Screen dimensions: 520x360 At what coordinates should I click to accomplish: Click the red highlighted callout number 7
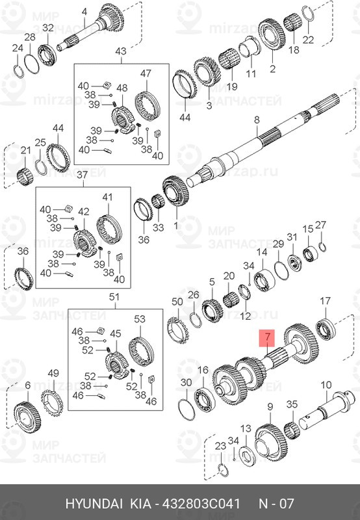coord(266,337)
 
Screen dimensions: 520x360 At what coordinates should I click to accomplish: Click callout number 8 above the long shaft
coord(256,120)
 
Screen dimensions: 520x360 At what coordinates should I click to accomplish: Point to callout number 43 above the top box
coord(121,51)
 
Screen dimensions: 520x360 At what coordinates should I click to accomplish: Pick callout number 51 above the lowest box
coord(114,297)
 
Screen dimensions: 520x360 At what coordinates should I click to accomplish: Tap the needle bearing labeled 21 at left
coord(25,172)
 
